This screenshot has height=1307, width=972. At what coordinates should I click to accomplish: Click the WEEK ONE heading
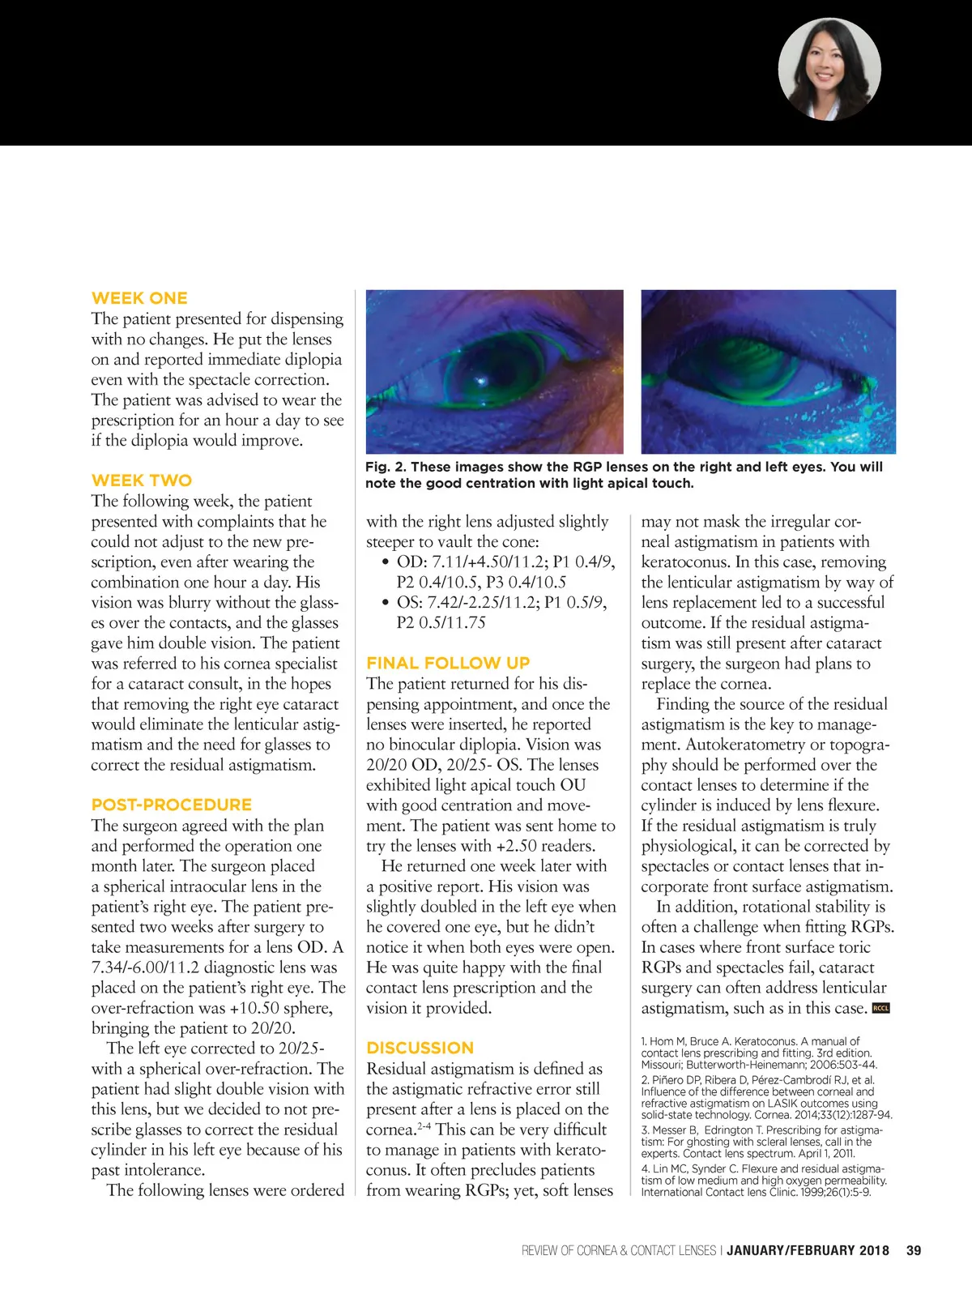139,298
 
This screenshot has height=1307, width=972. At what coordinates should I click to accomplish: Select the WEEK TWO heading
142,481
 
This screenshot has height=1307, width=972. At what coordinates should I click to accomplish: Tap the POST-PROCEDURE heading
172,805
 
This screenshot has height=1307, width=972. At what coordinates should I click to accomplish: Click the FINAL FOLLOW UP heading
448,663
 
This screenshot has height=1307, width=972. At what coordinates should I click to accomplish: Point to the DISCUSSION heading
420,1048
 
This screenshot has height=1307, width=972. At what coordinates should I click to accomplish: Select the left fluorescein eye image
495,371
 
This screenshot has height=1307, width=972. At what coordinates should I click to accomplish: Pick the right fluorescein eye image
769,371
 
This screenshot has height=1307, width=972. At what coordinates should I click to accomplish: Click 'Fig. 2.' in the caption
386,467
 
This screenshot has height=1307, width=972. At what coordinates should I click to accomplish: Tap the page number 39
914,1250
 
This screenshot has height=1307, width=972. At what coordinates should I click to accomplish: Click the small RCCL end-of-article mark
880,1009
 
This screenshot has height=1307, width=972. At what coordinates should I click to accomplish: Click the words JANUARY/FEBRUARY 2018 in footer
808,1250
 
